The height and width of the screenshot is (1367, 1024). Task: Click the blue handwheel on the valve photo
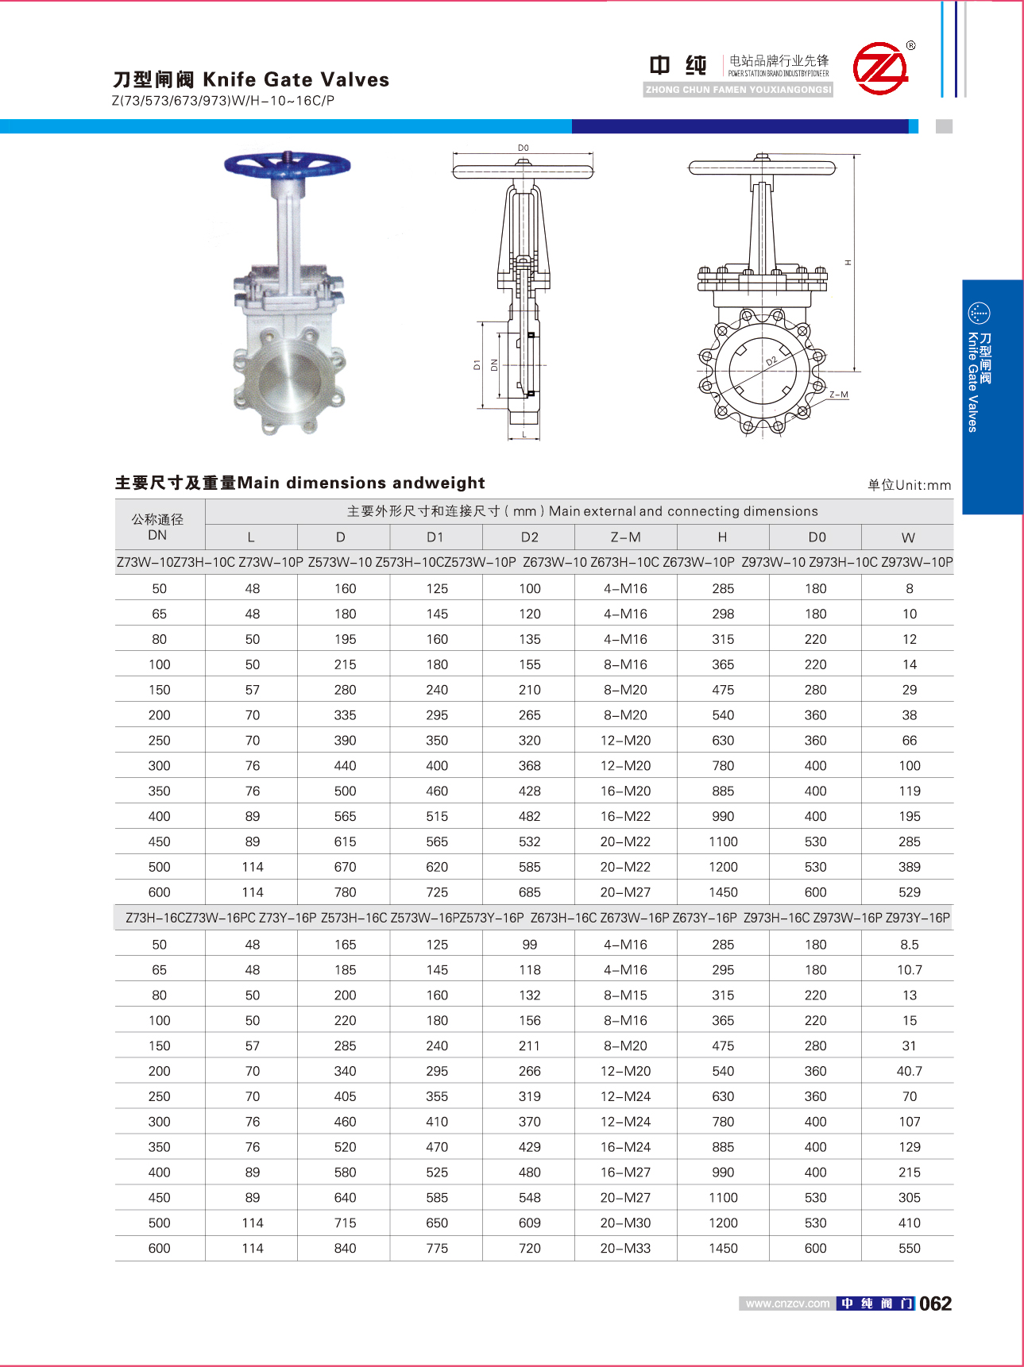point(287,165)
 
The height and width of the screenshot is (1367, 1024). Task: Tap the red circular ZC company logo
point(880,68)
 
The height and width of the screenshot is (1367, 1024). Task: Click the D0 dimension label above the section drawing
point(523,148)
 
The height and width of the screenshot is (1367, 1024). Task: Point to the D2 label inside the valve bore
point(771,361)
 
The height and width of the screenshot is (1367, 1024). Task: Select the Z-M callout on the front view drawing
point(838,395)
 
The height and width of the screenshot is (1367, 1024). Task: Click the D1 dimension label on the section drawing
point(477,365)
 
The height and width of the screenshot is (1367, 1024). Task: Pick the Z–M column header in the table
point(625,537)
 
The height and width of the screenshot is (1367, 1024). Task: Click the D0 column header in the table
point(816,537)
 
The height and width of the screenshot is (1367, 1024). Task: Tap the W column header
point(908,537)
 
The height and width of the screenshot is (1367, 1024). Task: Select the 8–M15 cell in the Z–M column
point(625,995)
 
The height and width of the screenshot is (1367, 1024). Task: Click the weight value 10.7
point(909,970)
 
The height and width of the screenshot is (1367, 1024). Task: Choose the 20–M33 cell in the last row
point(625,1249)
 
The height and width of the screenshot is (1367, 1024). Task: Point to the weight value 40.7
point(909,1072)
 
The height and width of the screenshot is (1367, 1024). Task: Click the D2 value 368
point(529,766)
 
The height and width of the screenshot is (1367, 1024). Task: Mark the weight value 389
point(909,868)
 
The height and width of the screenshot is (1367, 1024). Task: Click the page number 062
point(935,1303)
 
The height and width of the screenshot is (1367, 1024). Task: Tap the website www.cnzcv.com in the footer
point(787,1303)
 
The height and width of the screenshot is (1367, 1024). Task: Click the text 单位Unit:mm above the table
point(909,485)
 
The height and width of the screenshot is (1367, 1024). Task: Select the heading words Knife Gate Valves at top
point(296,79)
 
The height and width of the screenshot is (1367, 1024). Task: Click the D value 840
point(345,1249)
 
